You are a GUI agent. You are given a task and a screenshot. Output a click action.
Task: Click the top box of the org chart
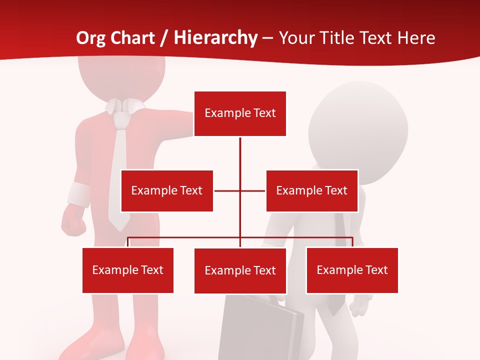[x=240, y=113]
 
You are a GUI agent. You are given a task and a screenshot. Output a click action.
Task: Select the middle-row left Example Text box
[x=167, y=190]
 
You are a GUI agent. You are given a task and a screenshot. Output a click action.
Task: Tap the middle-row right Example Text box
[x=312, y=190]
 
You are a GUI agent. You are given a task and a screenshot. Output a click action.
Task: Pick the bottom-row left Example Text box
[x=128, y=270]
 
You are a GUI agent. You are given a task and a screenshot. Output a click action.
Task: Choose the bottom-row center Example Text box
[x=240, y=270]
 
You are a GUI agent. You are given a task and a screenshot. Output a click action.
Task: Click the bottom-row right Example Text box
[x=352, y=270]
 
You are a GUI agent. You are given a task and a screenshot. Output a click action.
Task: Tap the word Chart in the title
[x=131, y=38]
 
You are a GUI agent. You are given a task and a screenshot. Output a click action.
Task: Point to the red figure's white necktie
[x=119, y=175]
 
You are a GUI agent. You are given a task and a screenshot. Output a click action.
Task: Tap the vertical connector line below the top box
[x=240, y=155]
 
